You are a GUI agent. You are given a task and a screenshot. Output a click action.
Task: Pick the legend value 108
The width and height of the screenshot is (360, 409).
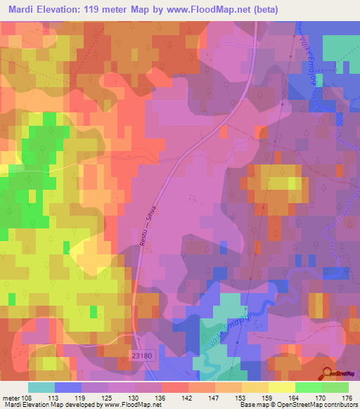[x=25, y=396]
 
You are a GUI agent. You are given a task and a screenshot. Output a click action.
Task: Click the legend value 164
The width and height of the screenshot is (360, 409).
[x=295, y=396]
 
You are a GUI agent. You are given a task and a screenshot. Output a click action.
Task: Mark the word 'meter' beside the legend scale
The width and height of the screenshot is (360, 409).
[x=9, y=396]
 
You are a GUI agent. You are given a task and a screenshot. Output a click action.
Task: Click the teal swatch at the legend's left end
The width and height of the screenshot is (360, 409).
[x=41, y=387]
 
